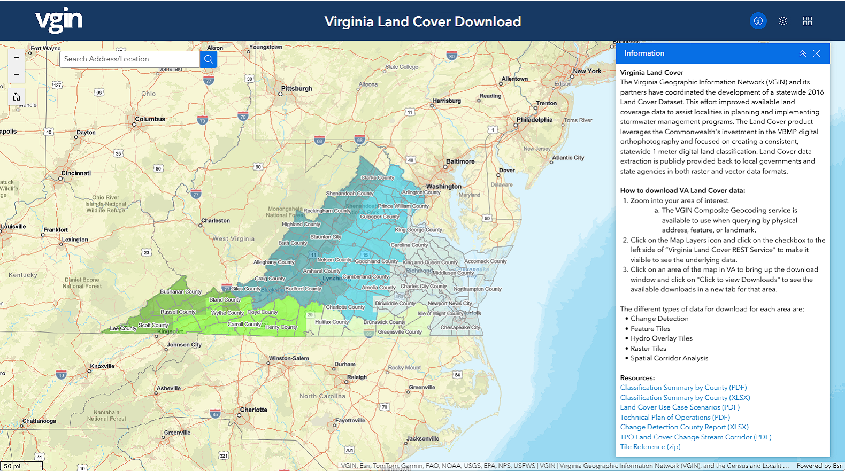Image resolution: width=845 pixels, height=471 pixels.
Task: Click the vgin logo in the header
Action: pos(59,20)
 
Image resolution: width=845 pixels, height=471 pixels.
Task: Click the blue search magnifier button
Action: pos(209,59)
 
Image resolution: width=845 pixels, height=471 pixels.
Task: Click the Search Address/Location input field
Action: pos(129,59)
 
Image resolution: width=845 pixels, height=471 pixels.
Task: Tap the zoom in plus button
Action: pos(17,58)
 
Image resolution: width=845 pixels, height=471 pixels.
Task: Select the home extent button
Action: pos(17,97)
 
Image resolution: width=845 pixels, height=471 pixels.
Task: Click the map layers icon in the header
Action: pos(783,21)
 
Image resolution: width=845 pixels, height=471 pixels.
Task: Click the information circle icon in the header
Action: pos(758,21)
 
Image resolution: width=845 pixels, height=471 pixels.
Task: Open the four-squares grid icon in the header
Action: pos(808,21)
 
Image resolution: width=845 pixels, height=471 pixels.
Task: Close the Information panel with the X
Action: pos(817,53)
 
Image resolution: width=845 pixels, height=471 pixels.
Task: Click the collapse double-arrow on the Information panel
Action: pos(802,53)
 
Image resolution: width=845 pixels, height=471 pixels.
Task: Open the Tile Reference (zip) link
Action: pos(650,447)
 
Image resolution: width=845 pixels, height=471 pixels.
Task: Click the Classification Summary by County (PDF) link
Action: pos(683,388)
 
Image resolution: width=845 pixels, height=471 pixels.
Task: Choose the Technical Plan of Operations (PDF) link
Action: pos(674,418)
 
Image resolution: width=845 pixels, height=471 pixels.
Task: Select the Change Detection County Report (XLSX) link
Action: pos(684,427)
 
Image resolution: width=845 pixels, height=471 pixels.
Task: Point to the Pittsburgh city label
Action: pos(297,89)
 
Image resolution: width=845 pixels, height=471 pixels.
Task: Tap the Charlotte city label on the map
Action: pos(253,410)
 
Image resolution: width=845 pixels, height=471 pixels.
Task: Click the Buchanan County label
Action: pos(181,292)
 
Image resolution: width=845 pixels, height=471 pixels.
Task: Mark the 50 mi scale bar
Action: pos(21,466)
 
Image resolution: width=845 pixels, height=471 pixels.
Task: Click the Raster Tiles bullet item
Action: pos(648,349)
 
